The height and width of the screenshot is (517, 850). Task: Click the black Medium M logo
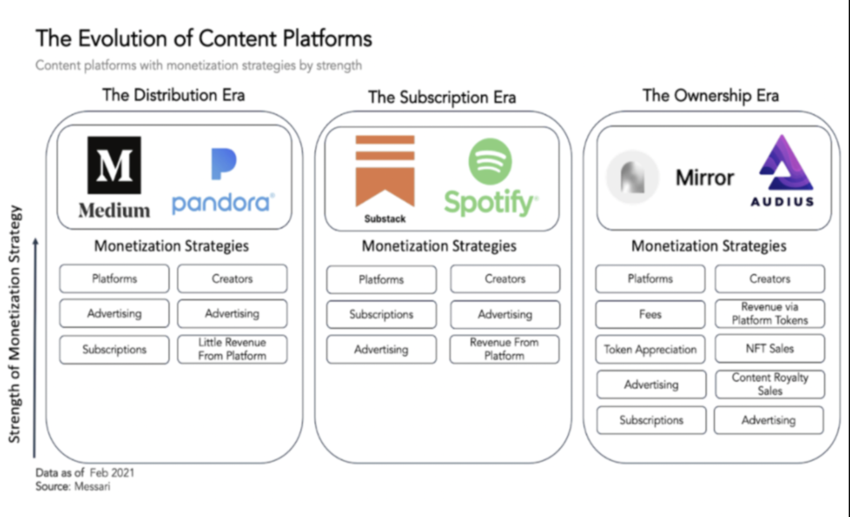(x=114, y=165)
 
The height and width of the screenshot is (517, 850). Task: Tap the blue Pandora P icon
(x=223, y=164)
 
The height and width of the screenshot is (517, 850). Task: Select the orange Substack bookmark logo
(x=385, y=171)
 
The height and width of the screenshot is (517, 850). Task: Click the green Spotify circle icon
(x=490, y=161)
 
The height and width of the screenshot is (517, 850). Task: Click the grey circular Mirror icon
(x=632, y=177)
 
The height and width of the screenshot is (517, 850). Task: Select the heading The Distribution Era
(x=174, y=95)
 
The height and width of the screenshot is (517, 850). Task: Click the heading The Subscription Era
(x=442, y=98)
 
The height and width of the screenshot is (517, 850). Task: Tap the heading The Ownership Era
(x=710, y=96)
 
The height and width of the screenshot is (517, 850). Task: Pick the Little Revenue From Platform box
(x=232, y=349)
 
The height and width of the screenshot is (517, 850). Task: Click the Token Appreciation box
(x=650, y=349)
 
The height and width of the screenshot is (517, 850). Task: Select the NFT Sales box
(x=770, y=349)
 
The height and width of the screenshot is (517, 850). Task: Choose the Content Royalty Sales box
(x=770, y=384)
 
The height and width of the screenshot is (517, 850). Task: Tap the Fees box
(x=650, y=315)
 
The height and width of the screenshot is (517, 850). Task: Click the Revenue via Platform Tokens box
(x=770, y=313)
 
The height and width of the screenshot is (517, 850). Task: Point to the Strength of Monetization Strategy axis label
(x=15, y=324)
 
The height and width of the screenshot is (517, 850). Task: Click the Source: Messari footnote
(x=73, y=486)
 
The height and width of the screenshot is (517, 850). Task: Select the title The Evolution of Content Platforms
(x=204, y=39)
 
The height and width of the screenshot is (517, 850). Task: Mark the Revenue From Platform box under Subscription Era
(x=504, y=349)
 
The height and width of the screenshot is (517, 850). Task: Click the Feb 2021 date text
(x=112, y=472)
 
